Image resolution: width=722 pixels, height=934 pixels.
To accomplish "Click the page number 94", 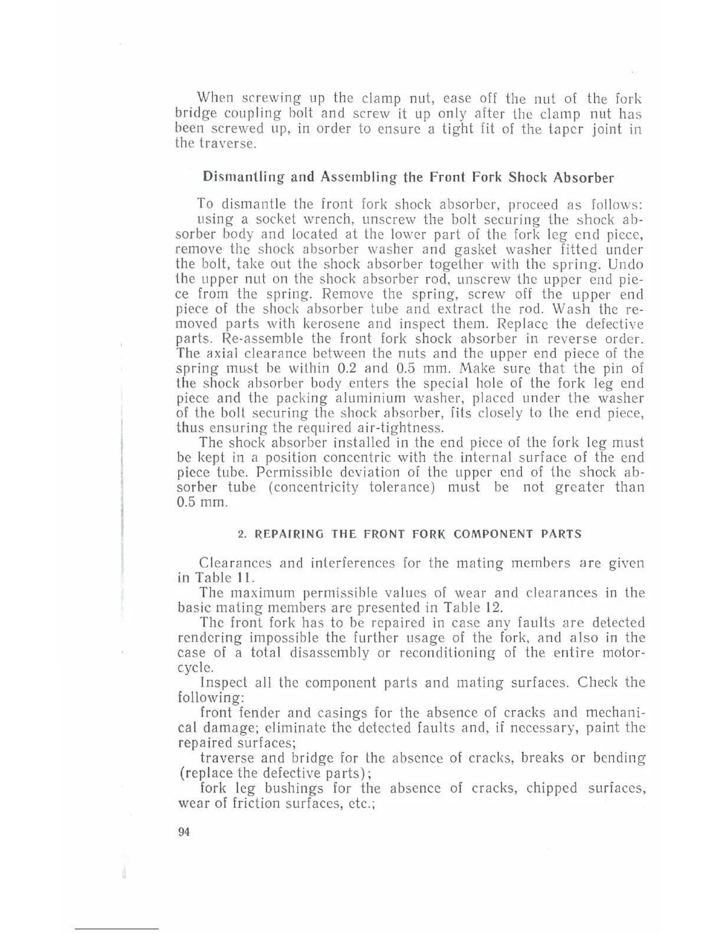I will tap(183, 832).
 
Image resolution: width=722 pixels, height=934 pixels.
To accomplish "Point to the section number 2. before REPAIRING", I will tap(242, 534).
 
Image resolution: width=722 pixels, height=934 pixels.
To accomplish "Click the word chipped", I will tap(552, 788).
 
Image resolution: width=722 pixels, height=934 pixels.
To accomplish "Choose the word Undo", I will tap(626, 264).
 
